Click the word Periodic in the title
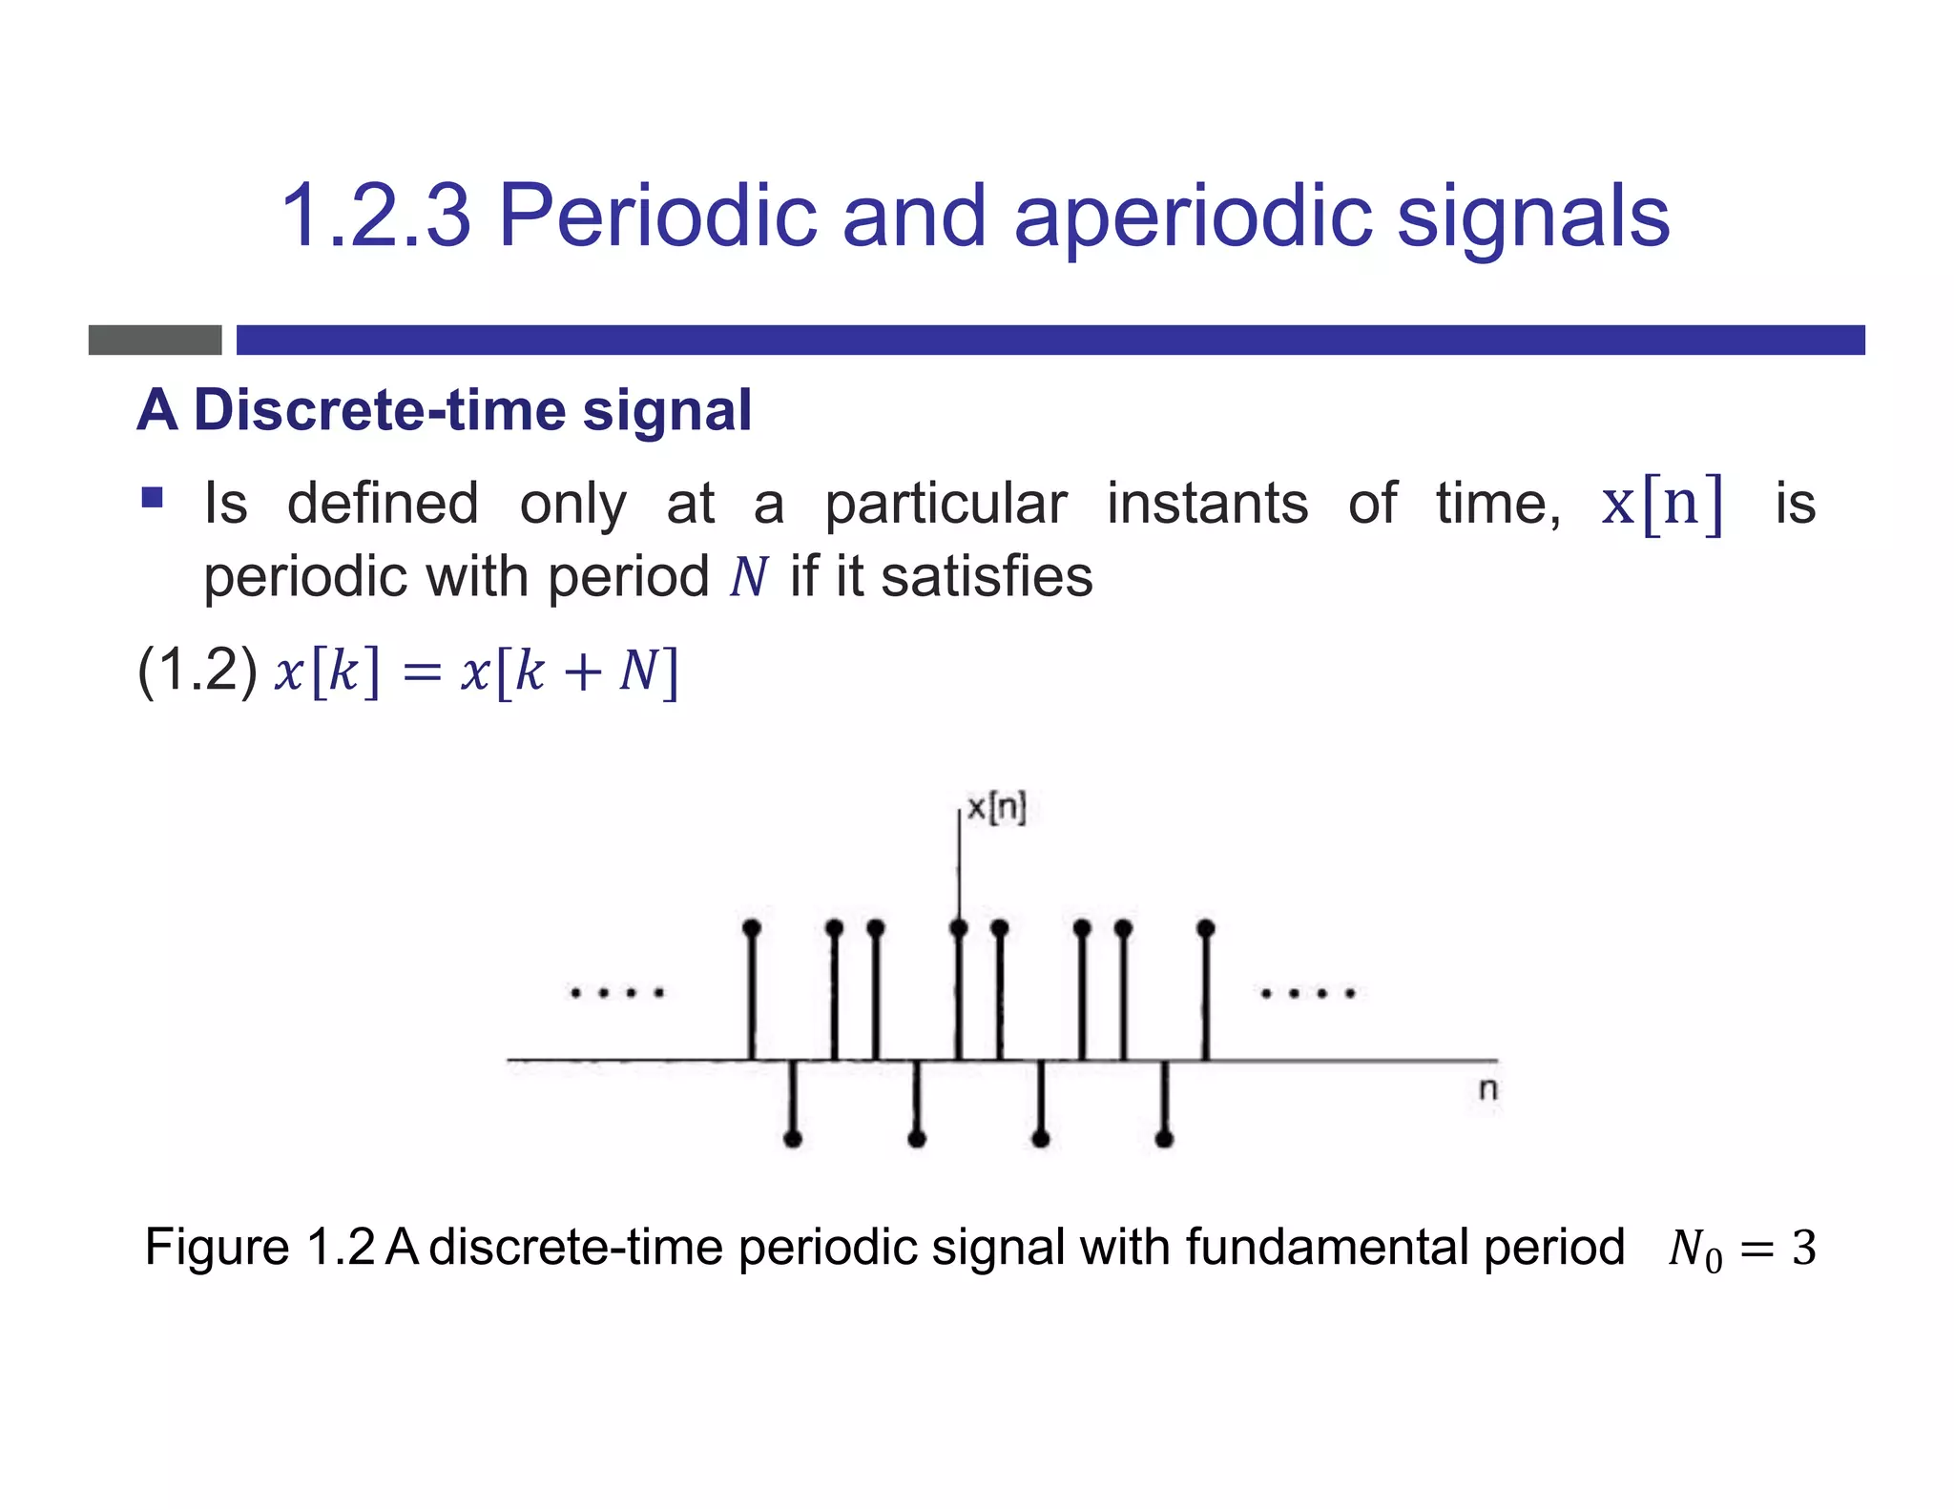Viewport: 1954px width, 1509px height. point(657,217)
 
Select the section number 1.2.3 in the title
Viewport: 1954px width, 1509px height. point(376,217)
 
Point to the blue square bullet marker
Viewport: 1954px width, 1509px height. point(152,498)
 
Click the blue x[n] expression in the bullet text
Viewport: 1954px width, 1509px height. point(1662,504)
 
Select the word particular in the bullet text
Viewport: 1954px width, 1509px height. point(946,504)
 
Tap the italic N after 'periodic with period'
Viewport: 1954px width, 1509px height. point(749,577)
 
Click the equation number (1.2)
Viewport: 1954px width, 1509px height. point(197,670)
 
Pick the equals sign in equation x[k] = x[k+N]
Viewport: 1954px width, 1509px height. point(422,672)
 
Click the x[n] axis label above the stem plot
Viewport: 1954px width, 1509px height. point(996,808)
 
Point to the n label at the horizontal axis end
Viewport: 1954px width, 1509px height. point(1487,1088)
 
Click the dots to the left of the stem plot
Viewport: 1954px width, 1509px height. point(616,993)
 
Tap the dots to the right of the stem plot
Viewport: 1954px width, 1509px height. point(1308,993)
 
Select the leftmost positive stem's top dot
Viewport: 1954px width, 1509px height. point(752,927)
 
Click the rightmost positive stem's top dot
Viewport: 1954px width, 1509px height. point(1206,927)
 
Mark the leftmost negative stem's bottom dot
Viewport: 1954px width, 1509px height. point(792,1138)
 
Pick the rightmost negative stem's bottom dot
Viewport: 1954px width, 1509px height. point(1164,1138)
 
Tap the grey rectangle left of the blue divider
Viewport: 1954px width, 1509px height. point(155,340)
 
